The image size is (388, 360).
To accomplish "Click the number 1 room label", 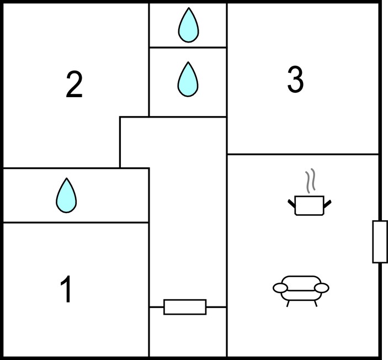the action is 66,289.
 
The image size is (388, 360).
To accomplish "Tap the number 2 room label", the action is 74,84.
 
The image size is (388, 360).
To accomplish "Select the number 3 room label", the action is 295,80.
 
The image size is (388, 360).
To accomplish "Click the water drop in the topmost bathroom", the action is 189,25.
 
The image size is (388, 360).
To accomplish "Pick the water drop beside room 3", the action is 188,79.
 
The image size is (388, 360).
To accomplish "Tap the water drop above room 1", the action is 66,195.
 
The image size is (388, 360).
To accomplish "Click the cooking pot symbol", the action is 309,205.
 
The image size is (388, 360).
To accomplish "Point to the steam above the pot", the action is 310,181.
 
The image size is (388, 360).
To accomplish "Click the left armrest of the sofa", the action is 280,288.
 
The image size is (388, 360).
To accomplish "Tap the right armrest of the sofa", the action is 321,288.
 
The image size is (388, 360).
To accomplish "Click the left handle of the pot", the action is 291,204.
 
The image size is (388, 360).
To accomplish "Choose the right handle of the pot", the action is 327,204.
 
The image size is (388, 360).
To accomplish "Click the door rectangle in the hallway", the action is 185,307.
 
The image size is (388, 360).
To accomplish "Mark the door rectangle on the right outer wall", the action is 380,242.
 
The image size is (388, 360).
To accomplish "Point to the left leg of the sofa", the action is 288,304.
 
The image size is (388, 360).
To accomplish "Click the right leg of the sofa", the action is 316,304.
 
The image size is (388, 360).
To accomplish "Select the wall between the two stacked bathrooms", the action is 188,47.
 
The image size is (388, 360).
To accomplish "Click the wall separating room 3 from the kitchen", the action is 303,154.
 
